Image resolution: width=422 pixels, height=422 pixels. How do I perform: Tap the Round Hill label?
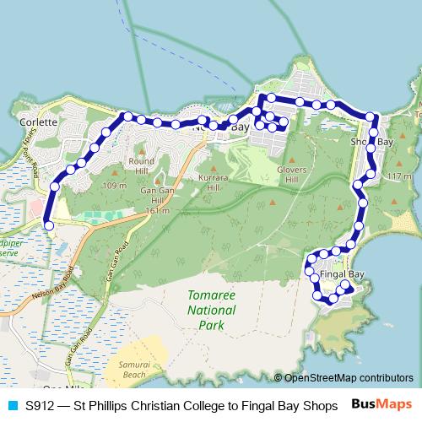coord(142,165)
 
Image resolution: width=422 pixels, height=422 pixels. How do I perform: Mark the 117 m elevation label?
coord(398,176)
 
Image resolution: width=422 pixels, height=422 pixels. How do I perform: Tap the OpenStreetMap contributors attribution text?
coord(348,378)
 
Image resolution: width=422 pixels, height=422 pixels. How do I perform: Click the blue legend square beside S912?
coord(11,405)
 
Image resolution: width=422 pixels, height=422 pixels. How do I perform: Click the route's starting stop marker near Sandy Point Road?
coord(49,225)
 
